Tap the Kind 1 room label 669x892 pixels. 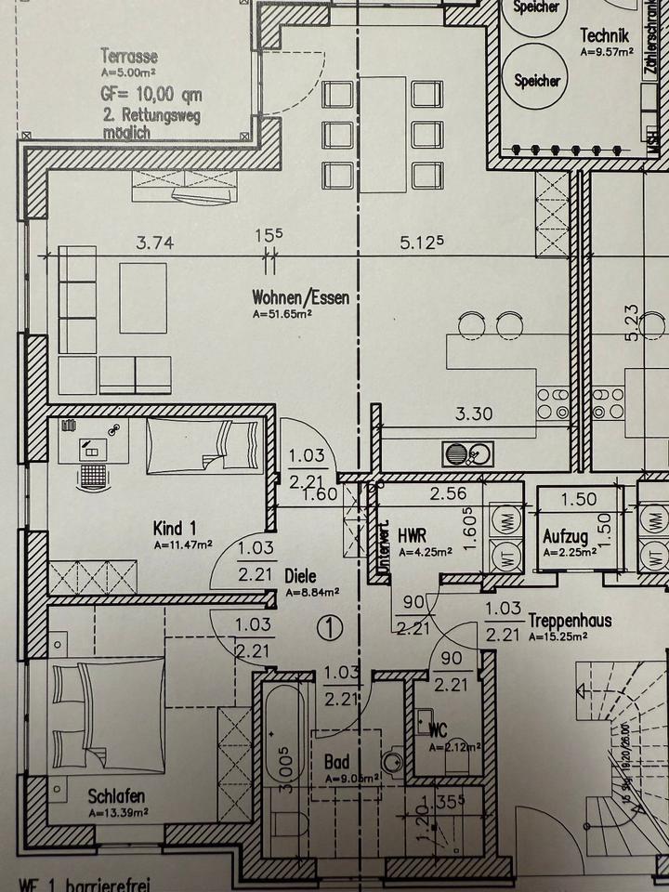coord(174,528)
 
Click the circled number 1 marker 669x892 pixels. coord(327,627)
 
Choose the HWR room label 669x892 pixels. coord(411,536)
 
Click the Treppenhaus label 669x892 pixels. coord(570,620)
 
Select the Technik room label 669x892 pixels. coord(605,35)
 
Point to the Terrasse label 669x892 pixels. coord(128,55)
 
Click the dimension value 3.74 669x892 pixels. coord(155,244)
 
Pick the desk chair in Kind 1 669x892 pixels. coord(92,476)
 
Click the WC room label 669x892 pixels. coord(436,731)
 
